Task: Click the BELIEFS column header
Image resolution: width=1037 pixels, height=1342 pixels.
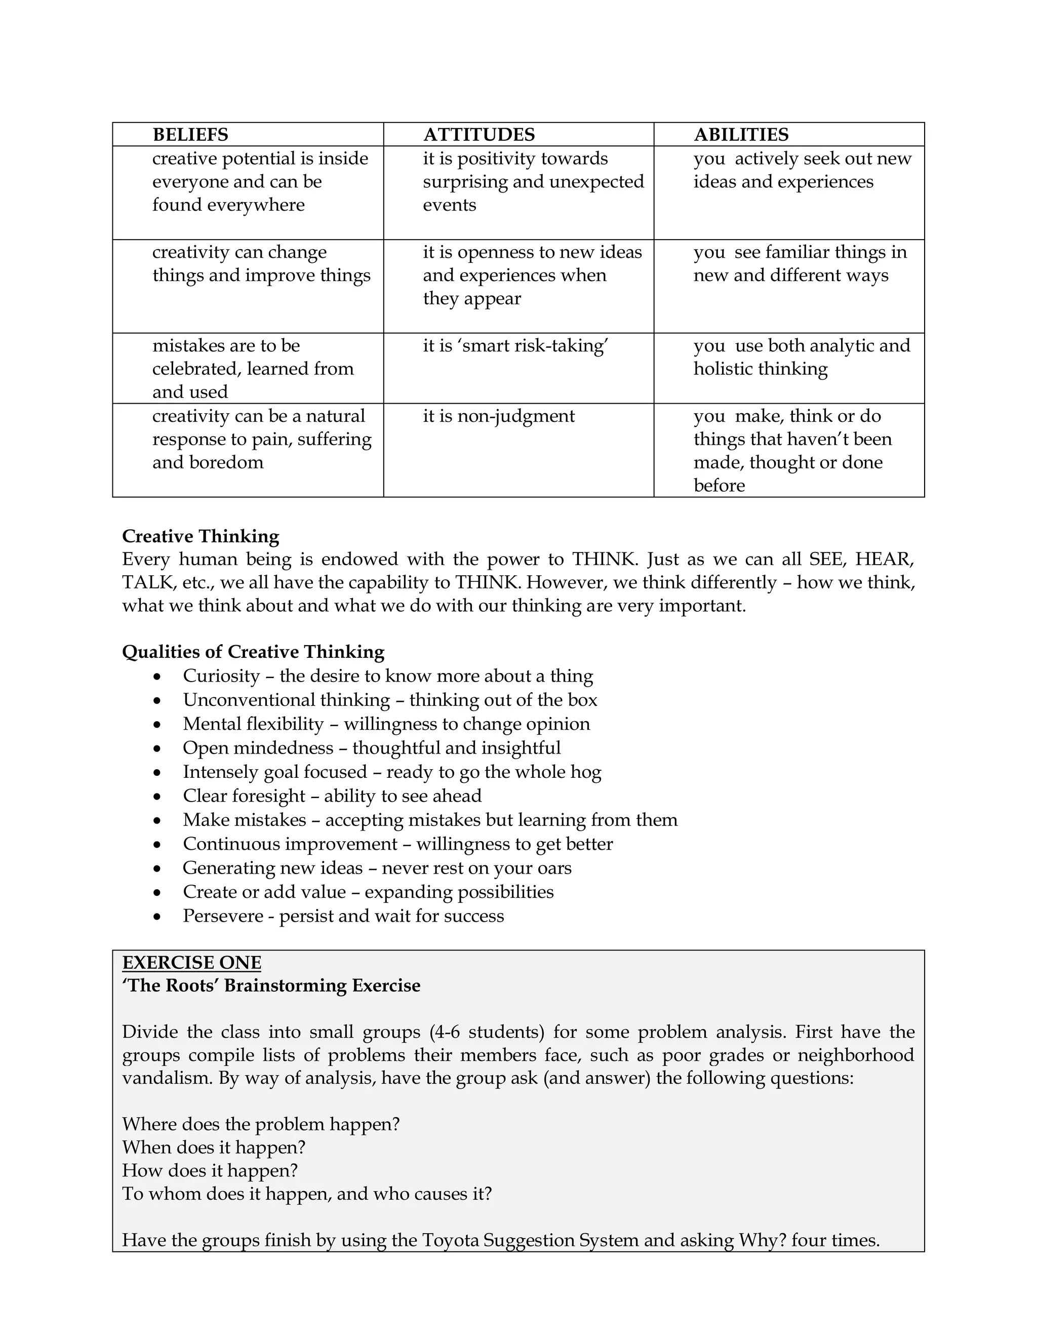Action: tap(190, 135)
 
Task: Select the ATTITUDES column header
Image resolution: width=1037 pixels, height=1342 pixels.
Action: tap(478, 135)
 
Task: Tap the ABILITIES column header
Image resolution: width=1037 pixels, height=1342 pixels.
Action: tap(741, 135)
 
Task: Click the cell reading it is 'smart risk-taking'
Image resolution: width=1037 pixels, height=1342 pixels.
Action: tap(515, 346)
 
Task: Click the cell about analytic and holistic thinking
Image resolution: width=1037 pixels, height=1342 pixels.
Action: tap(801, 357)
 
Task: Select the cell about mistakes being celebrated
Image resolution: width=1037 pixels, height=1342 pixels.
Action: tap(253, 368)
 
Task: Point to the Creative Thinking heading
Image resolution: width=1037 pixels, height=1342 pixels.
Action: tap(201, 536)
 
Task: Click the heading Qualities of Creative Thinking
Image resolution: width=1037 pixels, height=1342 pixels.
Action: tap(253, 651)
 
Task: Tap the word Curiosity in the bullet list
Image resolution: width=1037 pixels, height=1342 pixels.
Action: tap(221, 676)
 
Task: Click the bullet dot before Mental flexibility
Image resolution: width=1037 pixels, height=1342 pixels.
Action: tap(158, 725)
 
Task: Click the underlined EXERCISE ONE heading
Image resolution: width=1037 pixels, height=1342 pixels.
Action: tap(192, 963)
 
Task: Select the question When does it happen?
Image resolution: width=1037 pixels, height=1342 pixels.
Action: tap(214, 1147)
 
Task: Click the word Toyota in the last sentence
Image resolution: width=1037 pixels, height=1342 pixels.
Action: tap(450, 1240)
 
